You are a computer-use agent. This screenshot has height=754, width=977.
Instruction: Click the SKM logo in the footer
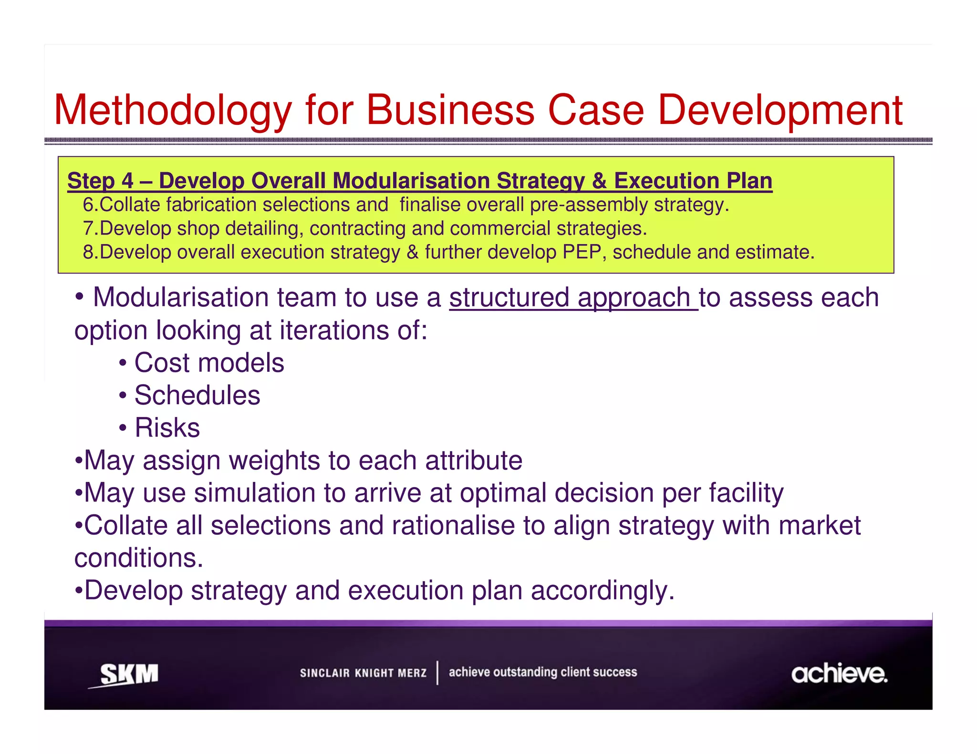coord(128,674)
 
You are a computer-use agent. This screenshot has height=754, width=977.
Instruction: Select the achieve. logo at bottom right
coord(839,673)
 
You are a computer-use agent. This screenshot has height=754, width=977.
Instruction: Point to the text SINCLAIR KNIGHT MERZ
coord(363,673)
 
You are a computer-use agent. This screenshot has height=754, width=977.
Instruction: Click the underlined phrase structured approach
coord(572,297)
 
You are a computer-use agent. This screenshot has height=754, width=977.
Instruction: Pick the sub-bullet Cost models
coord(209,363)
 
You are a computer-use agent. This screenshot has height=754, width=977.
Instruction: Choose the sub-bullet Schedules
coord(197,395)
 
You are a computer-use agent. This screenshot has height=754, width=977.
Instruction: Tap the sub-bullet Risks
coord(167,428)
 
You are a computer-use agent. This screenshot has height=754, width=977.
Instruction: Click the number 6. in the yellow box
coord(90,205)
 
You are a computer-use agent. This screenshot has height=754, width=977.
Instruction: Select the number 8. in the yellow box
coord(90,252)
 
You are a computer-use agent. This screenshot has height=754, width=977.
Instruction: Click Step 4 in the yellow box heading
coord(100,181)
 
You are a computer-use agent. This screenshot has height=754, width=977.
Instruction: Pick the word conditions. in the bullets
coord(139,558)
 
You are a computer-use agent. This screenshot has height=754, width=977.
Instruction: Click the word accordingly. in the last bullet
coord(603,591)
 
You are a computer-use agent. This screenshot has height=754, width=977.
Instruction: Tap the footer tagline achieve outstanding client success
coord(542,672)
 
